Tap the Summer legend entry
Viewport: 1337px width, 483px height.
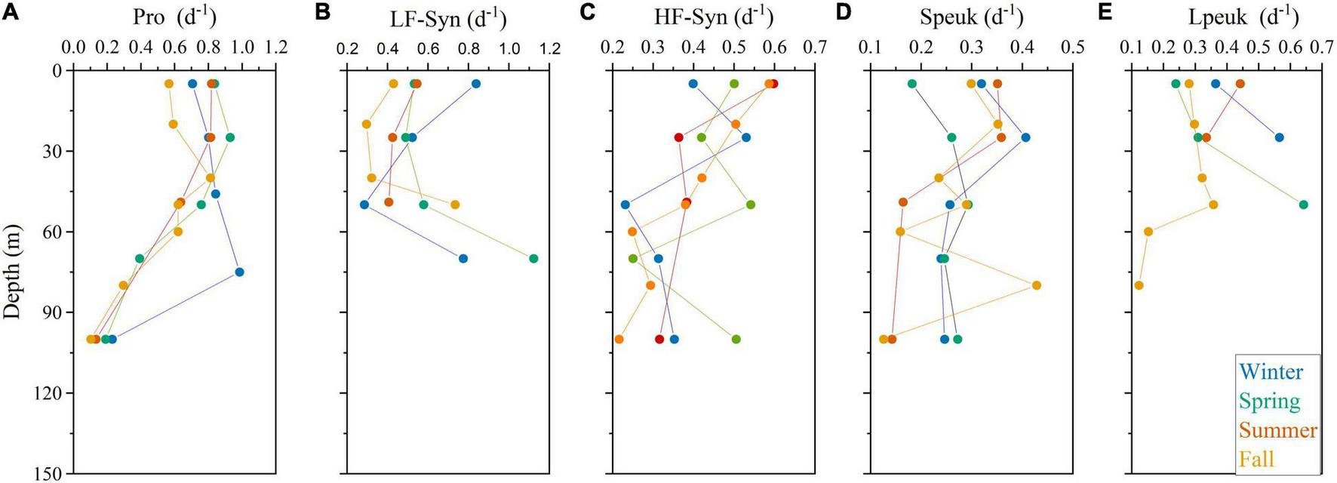(1277, 430)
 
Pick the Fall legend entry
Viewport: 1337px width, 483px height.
(1256, 459)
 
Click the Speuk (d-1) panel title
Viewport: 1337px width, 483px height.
(972, 17)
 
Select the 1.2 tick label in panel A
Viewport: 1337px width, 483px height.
(276, 48)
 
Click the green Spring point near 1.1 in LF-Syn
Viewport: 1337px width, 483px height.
(533, 259)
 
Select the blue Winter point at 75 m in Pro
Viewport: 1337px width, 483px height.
(239, 272)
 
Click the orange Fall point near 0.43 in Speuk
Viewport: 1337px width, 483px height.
(1037, 285)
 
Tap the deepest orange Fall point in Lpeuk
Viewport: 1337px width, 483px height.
(1139, 285)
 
